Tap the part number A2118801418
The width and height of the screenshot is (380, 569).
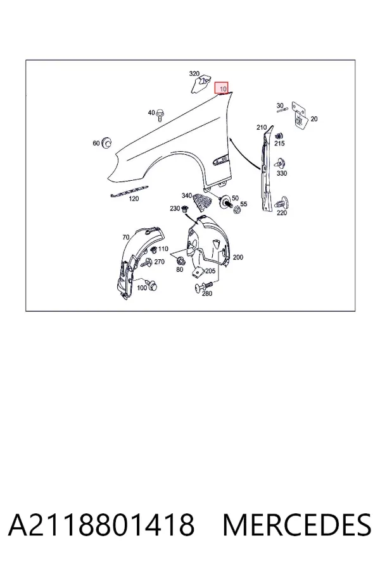coord(101,524)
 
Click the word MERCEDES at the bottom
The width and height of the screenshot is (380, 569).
coord(297,524)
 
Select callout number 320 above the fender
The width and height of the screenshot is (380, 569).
coord(194,74)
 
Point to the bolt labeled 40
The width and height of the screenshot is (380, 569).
coord(160,116)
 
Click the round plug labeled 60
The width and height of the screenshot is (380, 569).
coord(106,143)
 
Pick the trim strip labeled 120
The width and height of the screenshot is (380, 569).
coord(129,191)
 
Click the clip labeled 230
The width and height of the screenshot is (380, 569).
coord(185,209)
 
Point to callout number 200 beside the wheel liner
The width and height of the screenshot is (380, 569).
coord(238,257)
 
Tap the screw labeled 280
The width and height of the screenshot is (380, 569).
coord(203,286)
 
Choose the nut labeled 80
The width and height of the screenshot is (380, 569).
coord(180,260)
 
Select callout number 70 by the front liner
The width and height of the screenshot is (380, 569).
coord(126,237)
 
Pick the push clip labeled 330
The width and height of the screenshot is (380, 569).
coord(281,163)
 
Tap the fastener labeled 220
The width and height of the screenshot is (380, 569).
coord(282,202)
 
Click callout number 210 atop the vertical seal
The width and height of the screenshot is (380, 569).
coord(262,127)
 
